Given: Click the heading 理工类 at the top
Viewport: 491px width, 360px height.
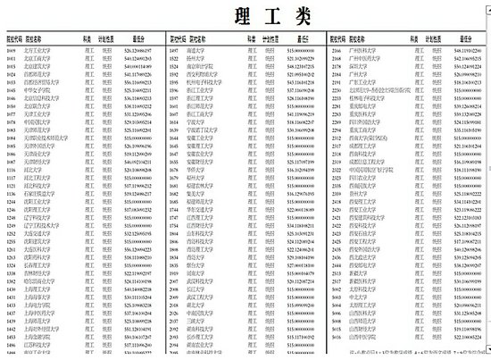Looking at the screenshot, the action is pos(245,17).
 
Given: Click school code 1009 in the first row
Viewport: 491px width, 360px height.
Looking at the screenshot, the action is pos(12,54).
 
